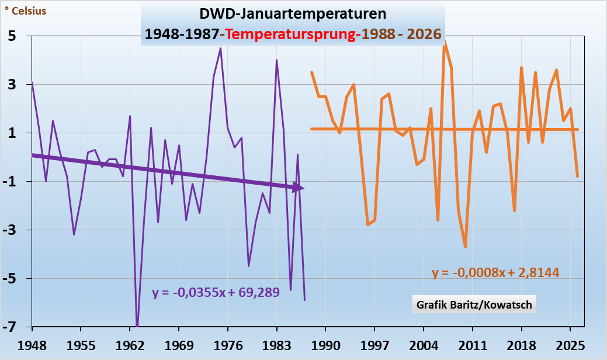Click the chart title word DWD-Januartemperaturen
point(292,13)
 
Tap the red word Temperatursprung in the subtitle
point(291,34)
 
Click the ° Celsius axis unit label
point(25,11)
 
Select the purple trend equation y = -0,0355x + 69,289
point(216,292)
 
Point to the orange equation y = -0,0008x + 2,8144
point(495,272)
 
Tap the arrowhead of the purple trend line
point(299,188)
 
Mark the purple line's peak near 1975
point(220,49)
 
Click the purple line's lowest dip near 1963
point(137,325)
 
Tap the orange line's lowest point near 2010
point(466,247)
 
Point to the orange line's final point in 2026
point(577,176)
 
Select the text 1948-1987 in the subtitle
point(182,34)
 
